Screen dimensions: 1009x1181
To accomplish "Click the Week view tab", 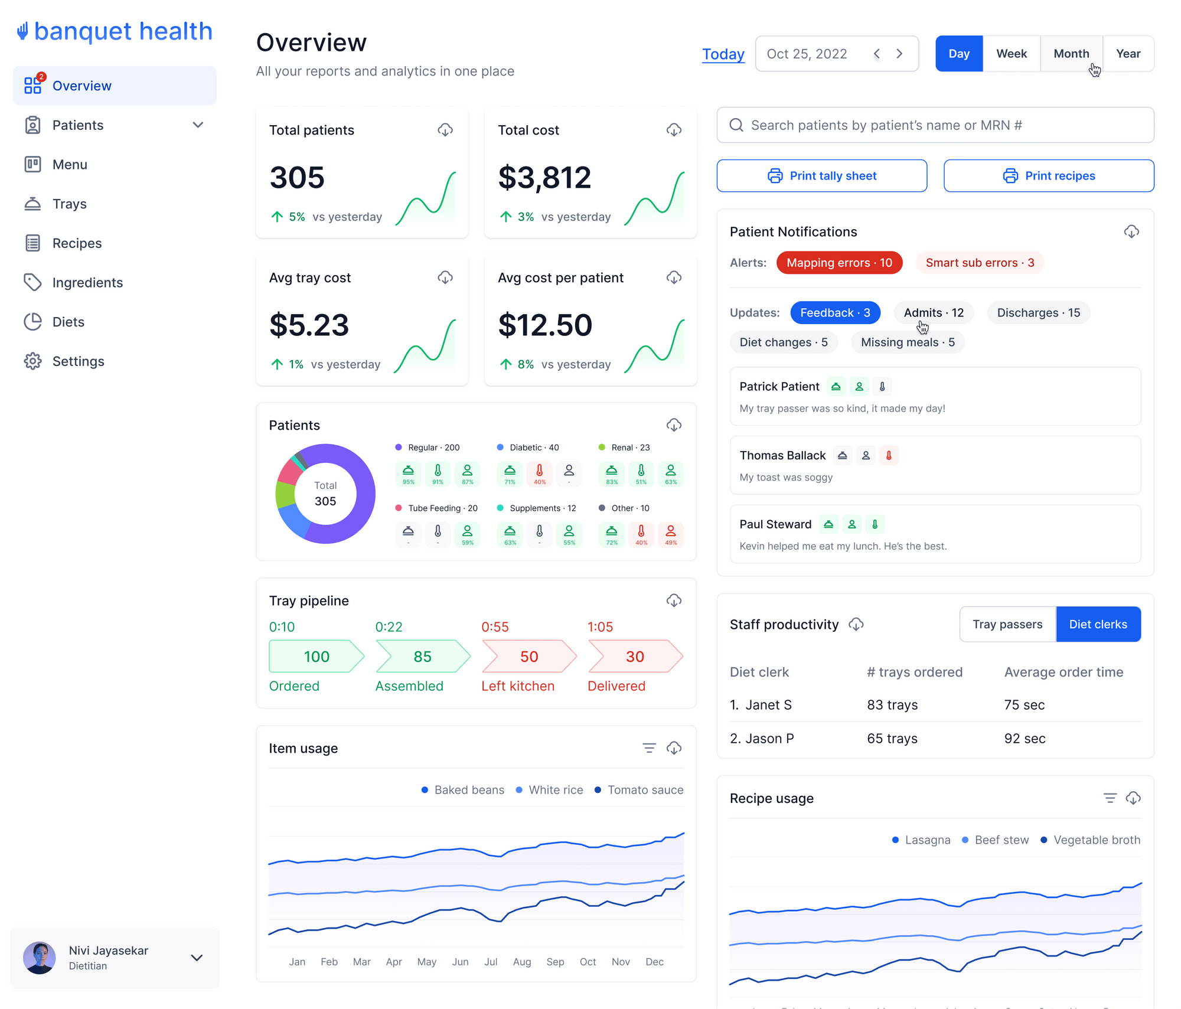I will (x=1011, y=54).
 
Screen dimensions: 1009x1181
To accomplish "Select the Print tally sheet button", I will (x=821, y=176).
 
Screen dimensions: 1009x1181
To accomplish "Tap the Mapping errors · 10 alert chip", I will (x=839, y=263).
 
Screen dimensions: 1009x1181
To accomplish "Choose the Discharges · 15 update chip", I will (x=1038, y=313).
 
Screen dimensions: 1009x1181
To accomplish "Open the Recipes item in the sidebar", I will (x=77, y=243).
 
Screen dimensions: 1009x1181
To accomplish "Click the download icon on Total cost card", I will (x=674, y=130).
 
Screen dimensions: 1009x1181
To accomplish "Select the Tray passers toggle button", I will (x=1007, y=625).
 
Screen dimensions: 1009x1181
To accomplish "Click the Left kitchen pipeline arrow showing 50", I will (x=528, y=657).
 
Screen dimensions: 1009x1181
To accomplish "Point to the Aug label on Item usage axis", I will (x=522, y=962).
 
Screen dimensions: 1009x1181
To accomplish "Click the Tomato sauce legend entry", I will (x=639, y=790).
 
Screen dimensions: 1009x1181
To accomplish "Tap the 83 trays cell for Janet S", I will (x=892, y=705).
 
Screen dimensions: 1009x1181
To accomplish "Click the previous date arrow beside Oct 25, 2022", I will (x=877, y=54).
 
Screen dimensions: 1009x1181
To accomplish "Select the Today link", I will (x=723, y=54).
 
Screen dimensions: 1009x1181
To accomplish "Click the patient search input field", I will (x=935, y=125).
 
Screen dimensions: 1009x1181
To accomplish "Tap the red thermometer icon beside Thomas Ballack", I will (x=888, y=455).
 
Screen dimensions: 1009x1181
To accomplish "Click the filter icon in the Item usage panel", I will (x=649, y=749).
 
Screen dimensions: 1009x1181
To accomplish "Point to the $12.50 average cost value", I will (x=544, y=325).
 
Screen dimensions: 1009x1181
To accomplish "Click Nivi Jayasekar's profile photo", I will (x=40, y=958).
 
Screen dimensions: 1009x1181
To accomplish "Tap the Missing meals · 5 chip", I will (x=907, y=342).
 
